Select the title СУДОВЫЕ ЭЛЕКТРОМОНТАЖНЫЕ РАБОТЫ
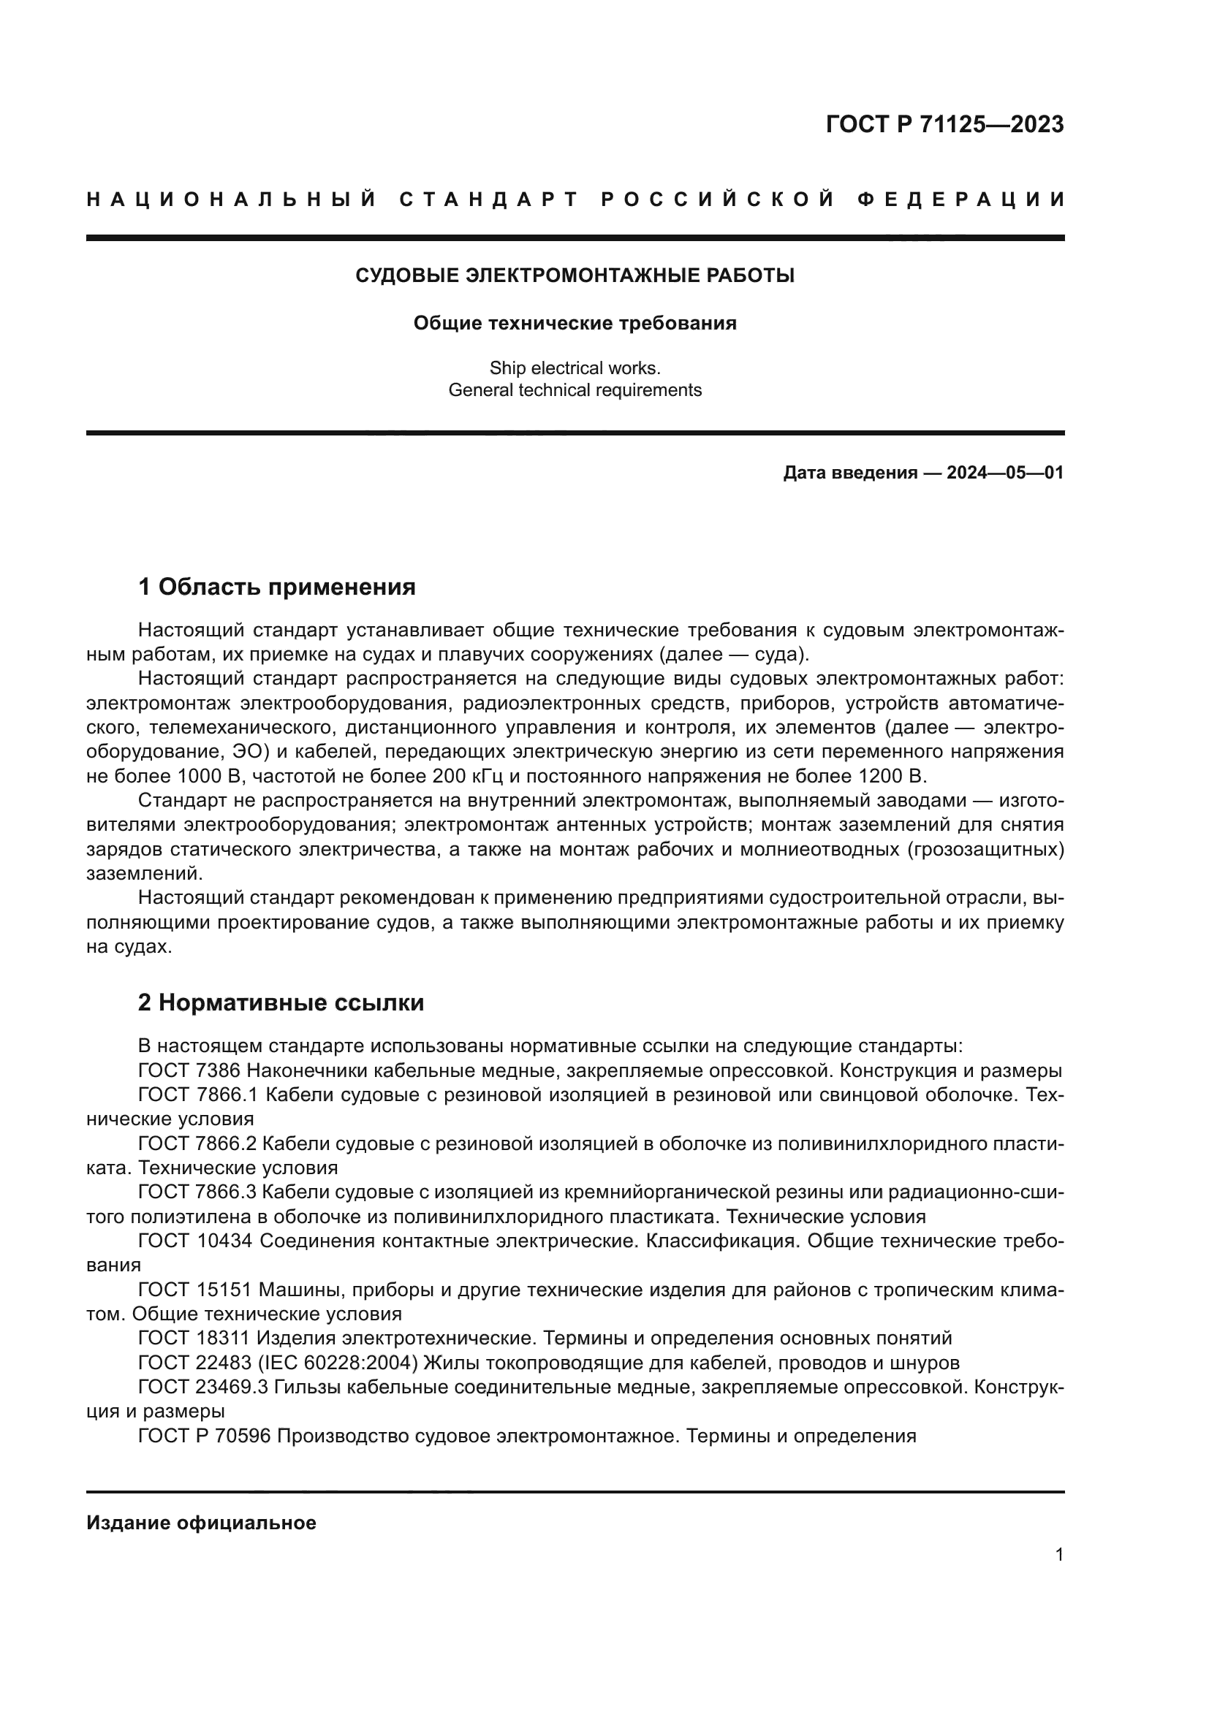[575, 275]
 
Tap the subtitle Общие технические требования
[575, 323]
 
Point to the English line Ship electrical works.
[575, 368]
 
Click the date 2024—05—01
[1004, 473]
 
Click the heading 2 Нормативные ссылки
[281, 1002]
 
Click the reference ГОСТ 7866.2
[197, 1143]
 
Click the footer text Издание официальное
[201, 1523]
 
